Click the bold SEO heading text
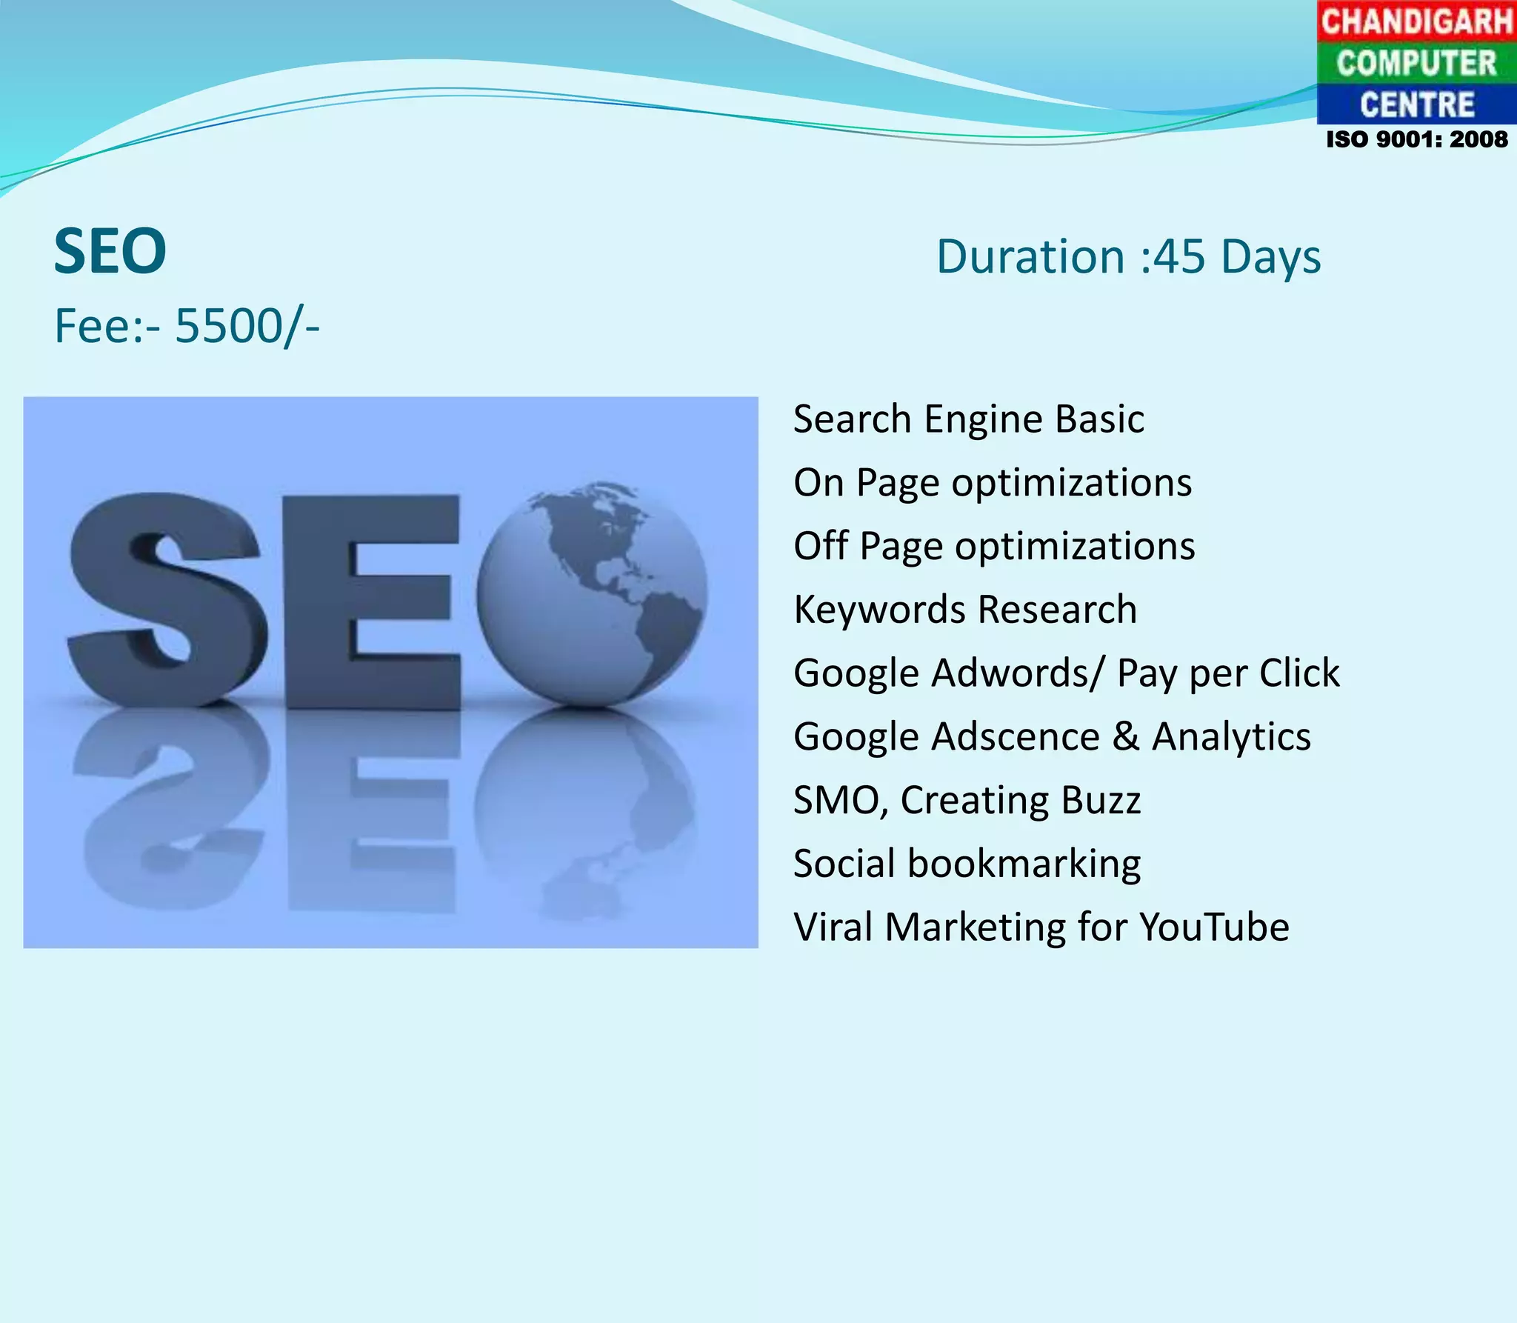(110, 252)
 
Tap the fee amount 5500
(228, 326)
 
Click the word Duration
(1030, 257)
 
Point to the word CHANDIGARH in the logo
(1416, 21)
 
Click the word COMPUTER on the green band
(1416, 63)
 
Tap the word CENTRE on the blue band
(1416, 104)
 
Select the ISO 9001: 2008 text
(1416, 139)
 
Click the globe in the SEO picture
(591, 593)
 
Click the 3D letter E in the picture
(370, 600)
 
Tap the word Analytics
(1231, 737)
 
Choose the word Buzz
(1101, 801)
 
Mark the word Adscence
(1016, 737)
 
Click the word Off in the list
(821, 547)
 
